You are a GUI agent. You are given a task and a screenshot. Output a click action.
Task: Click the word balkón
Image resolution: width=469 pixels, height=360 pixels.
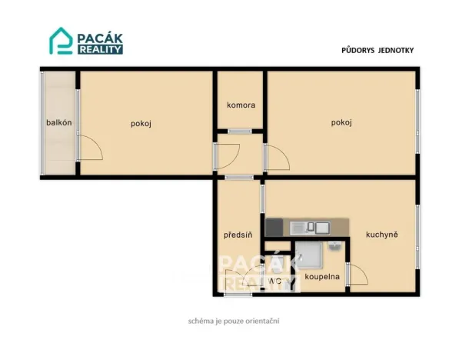tap(59, 122)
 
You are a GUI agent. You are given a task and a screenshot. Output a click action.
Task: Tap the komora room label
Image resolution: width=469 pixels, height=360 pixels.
tap(241, 105)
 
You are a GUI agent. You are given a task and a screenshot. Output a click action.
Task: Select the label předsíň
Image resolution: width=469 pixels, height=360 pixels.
tap(238, 235)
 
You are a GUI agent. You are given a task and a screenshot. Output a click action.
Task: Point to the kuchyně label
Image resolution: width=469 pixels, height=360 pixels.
tap(381, 235)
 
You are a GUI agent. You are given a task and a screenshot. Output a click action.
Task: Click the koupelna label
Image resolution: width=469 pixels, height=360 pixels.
tap(322, 276)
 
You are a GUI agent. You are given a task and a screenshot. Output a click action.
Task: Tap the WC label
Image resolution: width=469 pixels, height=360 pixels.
tap(275, 282)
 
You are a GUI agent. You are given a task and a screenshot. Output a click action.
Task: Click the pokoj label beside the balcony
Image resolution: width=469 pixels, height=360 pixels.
tap(141, 124)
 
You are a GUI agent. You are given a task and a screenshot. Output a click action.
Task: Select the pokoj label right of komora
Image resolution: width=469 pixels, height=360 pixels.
tap(341, 122)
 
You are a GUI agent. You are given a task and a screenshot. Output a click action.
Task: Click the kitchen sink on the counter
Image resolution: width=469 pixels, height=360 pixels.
tap(310, 228)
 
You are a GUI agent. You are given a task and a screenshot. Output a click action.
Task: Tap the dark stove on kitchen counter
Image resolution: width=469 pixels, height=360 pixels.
tap(274, 228)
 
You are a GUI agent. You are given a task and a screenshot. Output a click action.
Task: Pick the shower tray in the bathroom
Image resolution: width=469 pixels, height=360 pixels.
tap(309, 255)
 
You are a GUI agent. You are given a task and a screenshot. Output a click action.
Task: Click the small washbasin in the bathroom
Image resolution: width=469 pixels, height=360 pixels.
tap(334, 245)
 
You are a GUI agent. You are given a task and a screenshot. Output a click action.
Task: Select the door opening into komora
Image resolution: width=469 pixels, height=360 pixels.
tap(240, 131)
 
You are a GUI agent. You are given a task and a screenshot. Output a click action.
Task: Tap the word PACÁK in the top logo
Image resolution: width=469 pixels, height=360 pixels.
tap(100, 38)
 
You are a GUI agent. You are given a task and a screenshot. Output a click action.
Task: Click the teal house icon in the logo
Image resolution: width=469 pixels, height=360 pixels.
tap(61, 41)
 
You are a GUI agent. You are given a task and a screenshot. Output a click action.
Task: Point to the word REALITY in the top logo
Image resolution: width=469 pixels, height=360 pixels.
tap(100, 50)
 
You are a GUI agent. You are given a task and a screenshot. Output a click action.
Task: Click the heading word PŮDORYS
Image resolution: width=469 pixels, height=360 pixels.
tap(358, 50)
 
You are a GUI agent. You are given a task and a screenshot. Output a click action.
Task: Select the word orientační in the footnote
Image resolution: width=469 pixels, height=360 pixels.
tap(262, 321)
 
